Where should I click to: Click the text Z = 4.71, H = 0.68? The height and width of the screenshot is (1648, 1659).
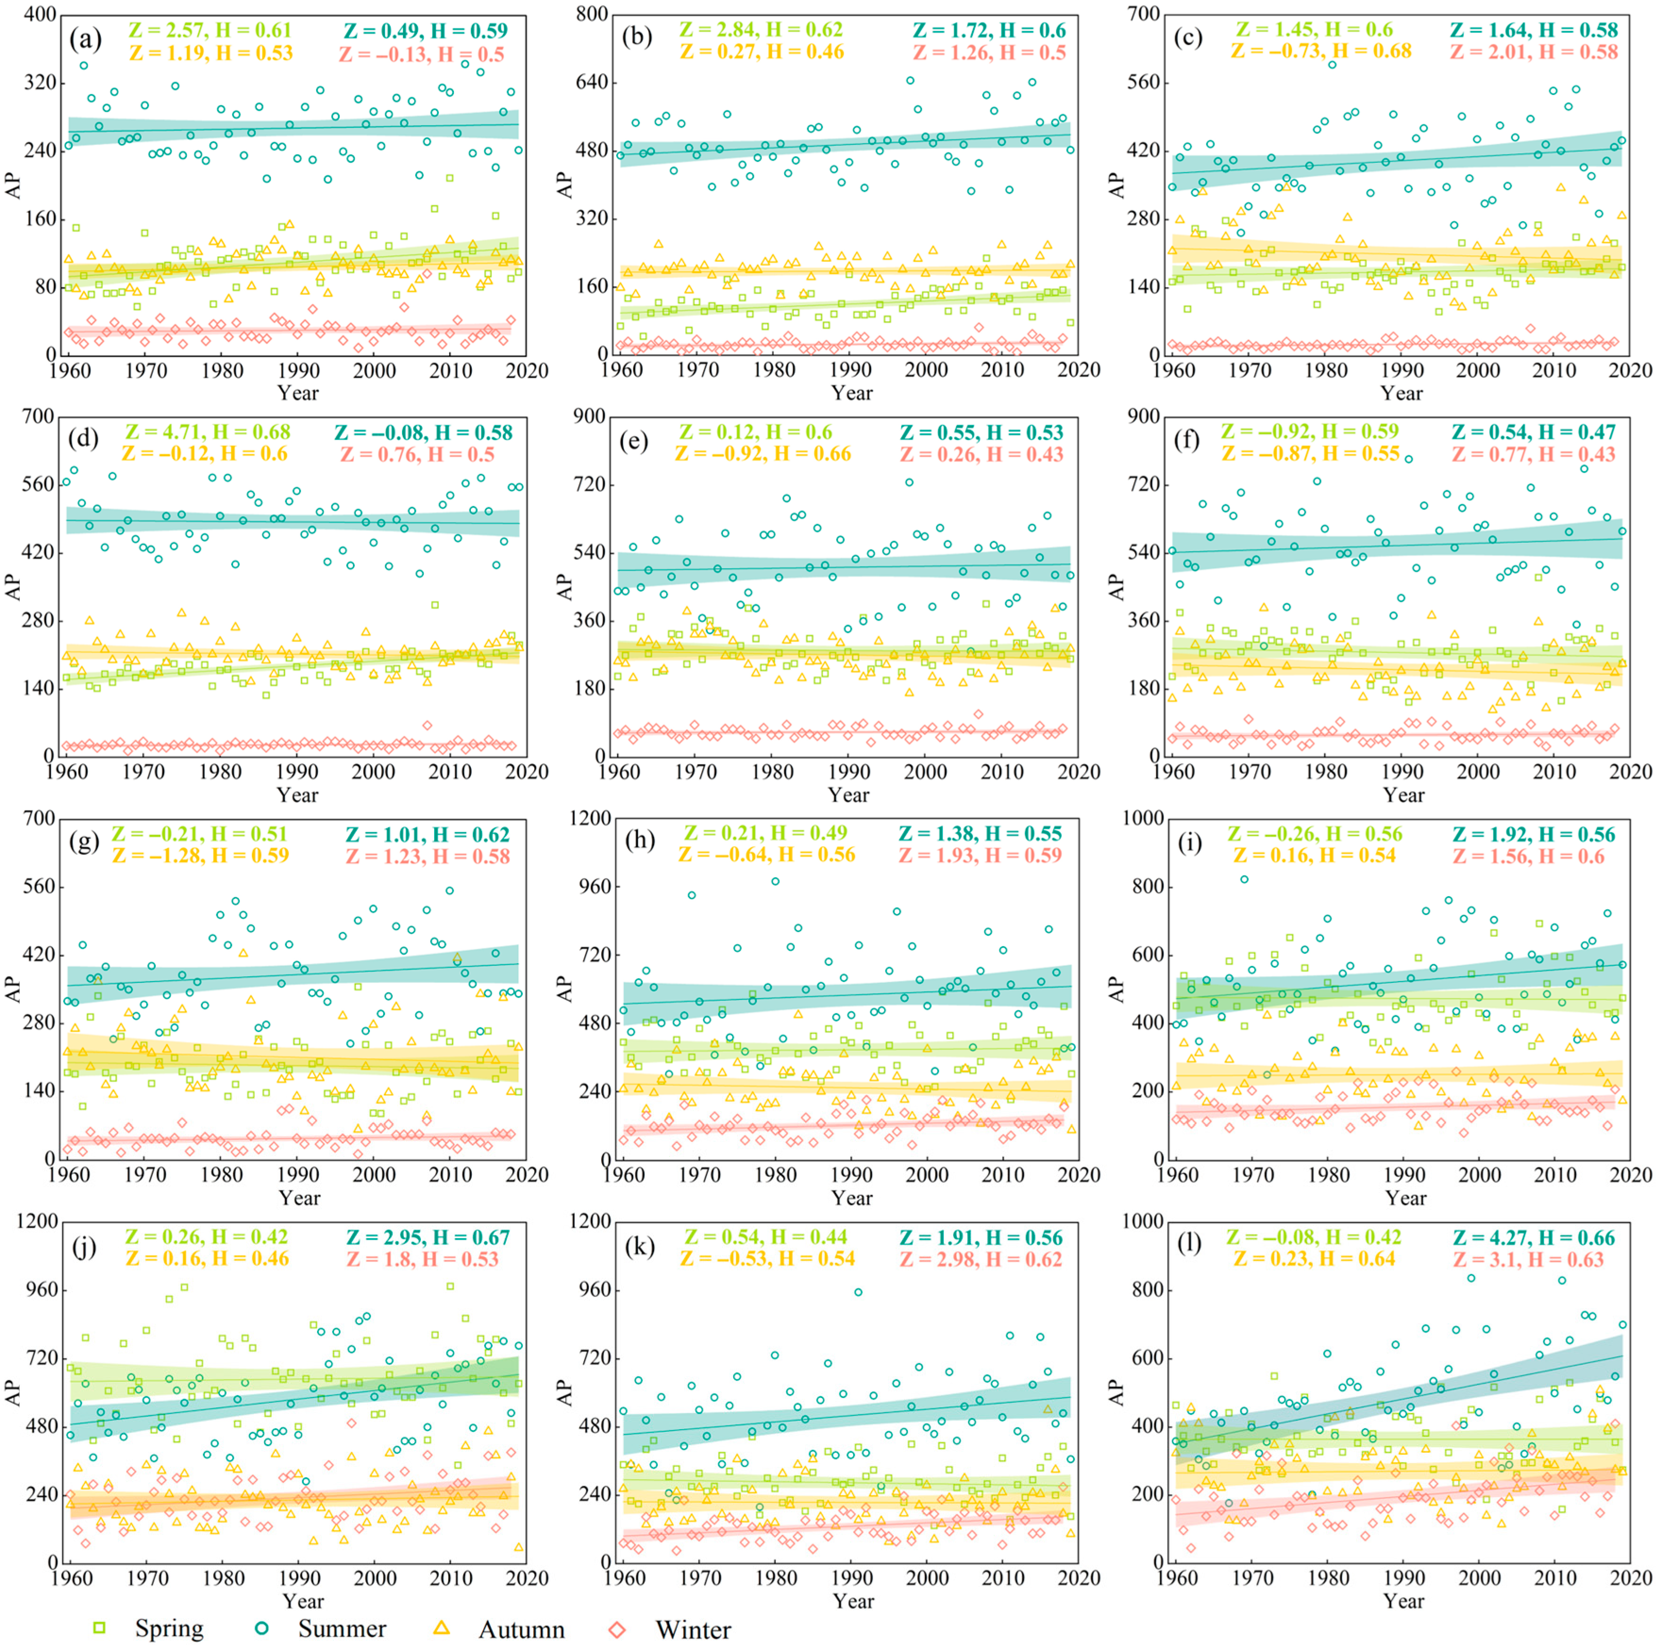(207, 432)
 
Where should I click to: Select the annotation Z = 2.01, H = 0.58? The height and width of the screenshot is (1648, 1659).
(1533, 51)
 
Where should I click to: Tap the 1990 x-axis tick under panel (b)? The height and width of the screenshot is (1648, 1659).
(850, 370)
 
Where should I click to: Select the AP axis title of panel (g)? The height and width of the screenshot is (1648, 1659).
(14, 989)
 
